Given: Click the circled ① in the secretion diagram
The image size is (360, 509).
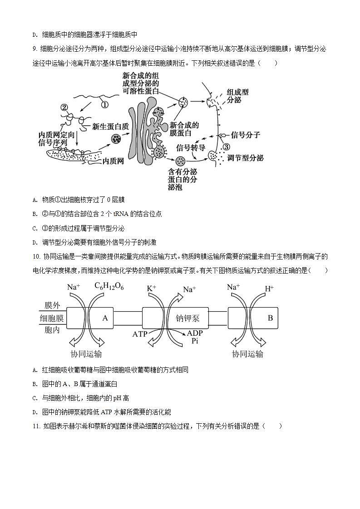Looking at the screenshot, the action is [x=104, y=104].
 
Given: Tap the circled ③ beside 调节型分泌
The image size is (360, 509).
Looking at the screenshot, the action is [x=226, y=147].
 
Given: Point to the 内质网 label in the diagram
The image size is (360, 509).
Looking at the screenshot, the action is [x=113, y=161].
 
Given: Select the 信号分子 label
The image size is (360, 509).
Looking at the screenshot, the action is [x=246, y=135].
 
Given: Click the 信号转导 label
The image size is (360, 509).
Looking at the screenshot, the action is [x=191, y=147].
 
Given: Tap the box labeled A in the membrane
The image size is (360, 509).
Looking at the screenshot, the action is [x=105, y=318].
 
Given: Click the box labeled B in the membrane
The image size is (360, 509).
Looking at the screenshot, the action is [x=270, y=318].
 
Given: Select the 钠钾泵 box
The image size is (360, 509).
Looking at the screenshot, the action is [x=187, y=318].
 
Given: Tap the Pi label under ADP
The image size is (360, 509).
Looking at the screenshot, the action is [x=195, y=341].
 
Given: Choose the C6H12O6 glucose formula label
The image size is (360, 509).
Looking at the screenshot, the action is [x=109, y=286].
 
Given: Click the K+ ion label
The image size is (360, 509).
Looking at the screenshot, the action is [x=152, y=288].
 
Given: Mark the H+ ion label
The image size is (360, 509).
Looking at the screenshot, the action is [x=269, y=288].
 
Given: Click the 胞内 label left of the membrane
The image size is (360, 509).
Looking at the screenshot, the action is [x=52, y=330].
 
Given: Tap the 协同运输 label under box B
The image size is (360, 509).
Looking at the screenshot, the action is [x=247, y=354].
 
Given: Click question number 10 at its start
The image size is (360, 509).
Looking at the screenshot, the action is [x=37, y=257].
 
